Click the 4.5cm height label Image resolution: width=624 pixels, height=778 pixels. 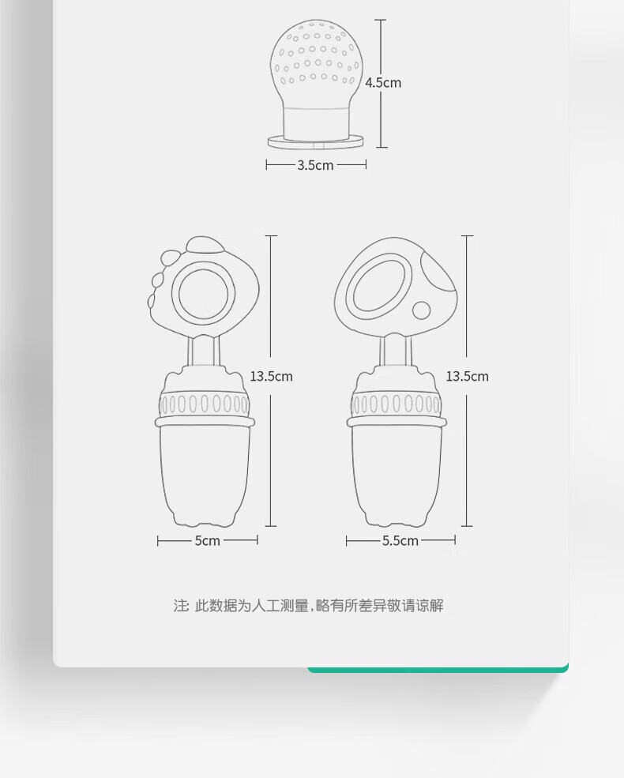click(383, 82)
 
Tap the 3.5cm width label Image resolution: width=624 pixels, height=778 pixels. click(315, 165)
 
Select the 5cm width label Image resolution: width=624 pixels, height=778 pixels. click(207, 540)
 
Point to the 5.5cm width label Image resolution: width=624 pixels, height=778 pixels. click(400, 540)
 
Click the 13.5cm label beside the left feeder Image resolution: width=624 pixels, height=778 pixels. click(272, 376)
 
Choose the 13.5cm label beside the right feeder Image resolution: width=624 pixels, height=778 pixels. click(468, 376)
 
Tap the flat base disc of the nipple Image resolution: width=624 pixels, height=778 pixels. click(316, 142)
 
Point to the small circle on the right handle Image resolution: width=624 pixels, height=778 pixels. click(422, 310)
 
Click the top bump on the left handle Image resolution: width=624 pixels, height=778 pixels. click(204, 245)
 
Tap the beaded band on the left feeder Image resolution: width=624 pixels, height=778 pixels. click(204, 404)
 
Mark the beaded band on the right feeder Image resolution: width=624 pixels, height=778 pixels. click(396, 404)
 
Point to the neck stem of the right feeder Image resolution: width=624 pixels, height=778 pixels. click(396, 351)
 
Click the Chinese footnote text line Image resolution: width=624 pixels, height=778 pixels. click(308, 606)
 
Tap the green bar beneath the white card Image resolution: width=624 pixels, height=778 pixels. click(438, 669)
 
